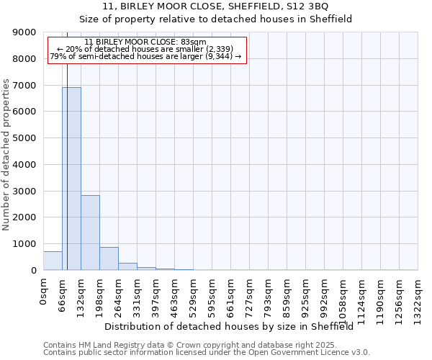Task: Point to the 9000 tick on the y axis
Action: (x=24, y=32)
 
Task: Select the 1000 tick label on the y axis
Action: (x=24, y=244)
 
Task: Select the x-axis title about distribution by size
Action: (x=234, y=326)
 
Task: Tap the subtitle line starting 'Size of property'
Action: (x=216, y=19)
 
